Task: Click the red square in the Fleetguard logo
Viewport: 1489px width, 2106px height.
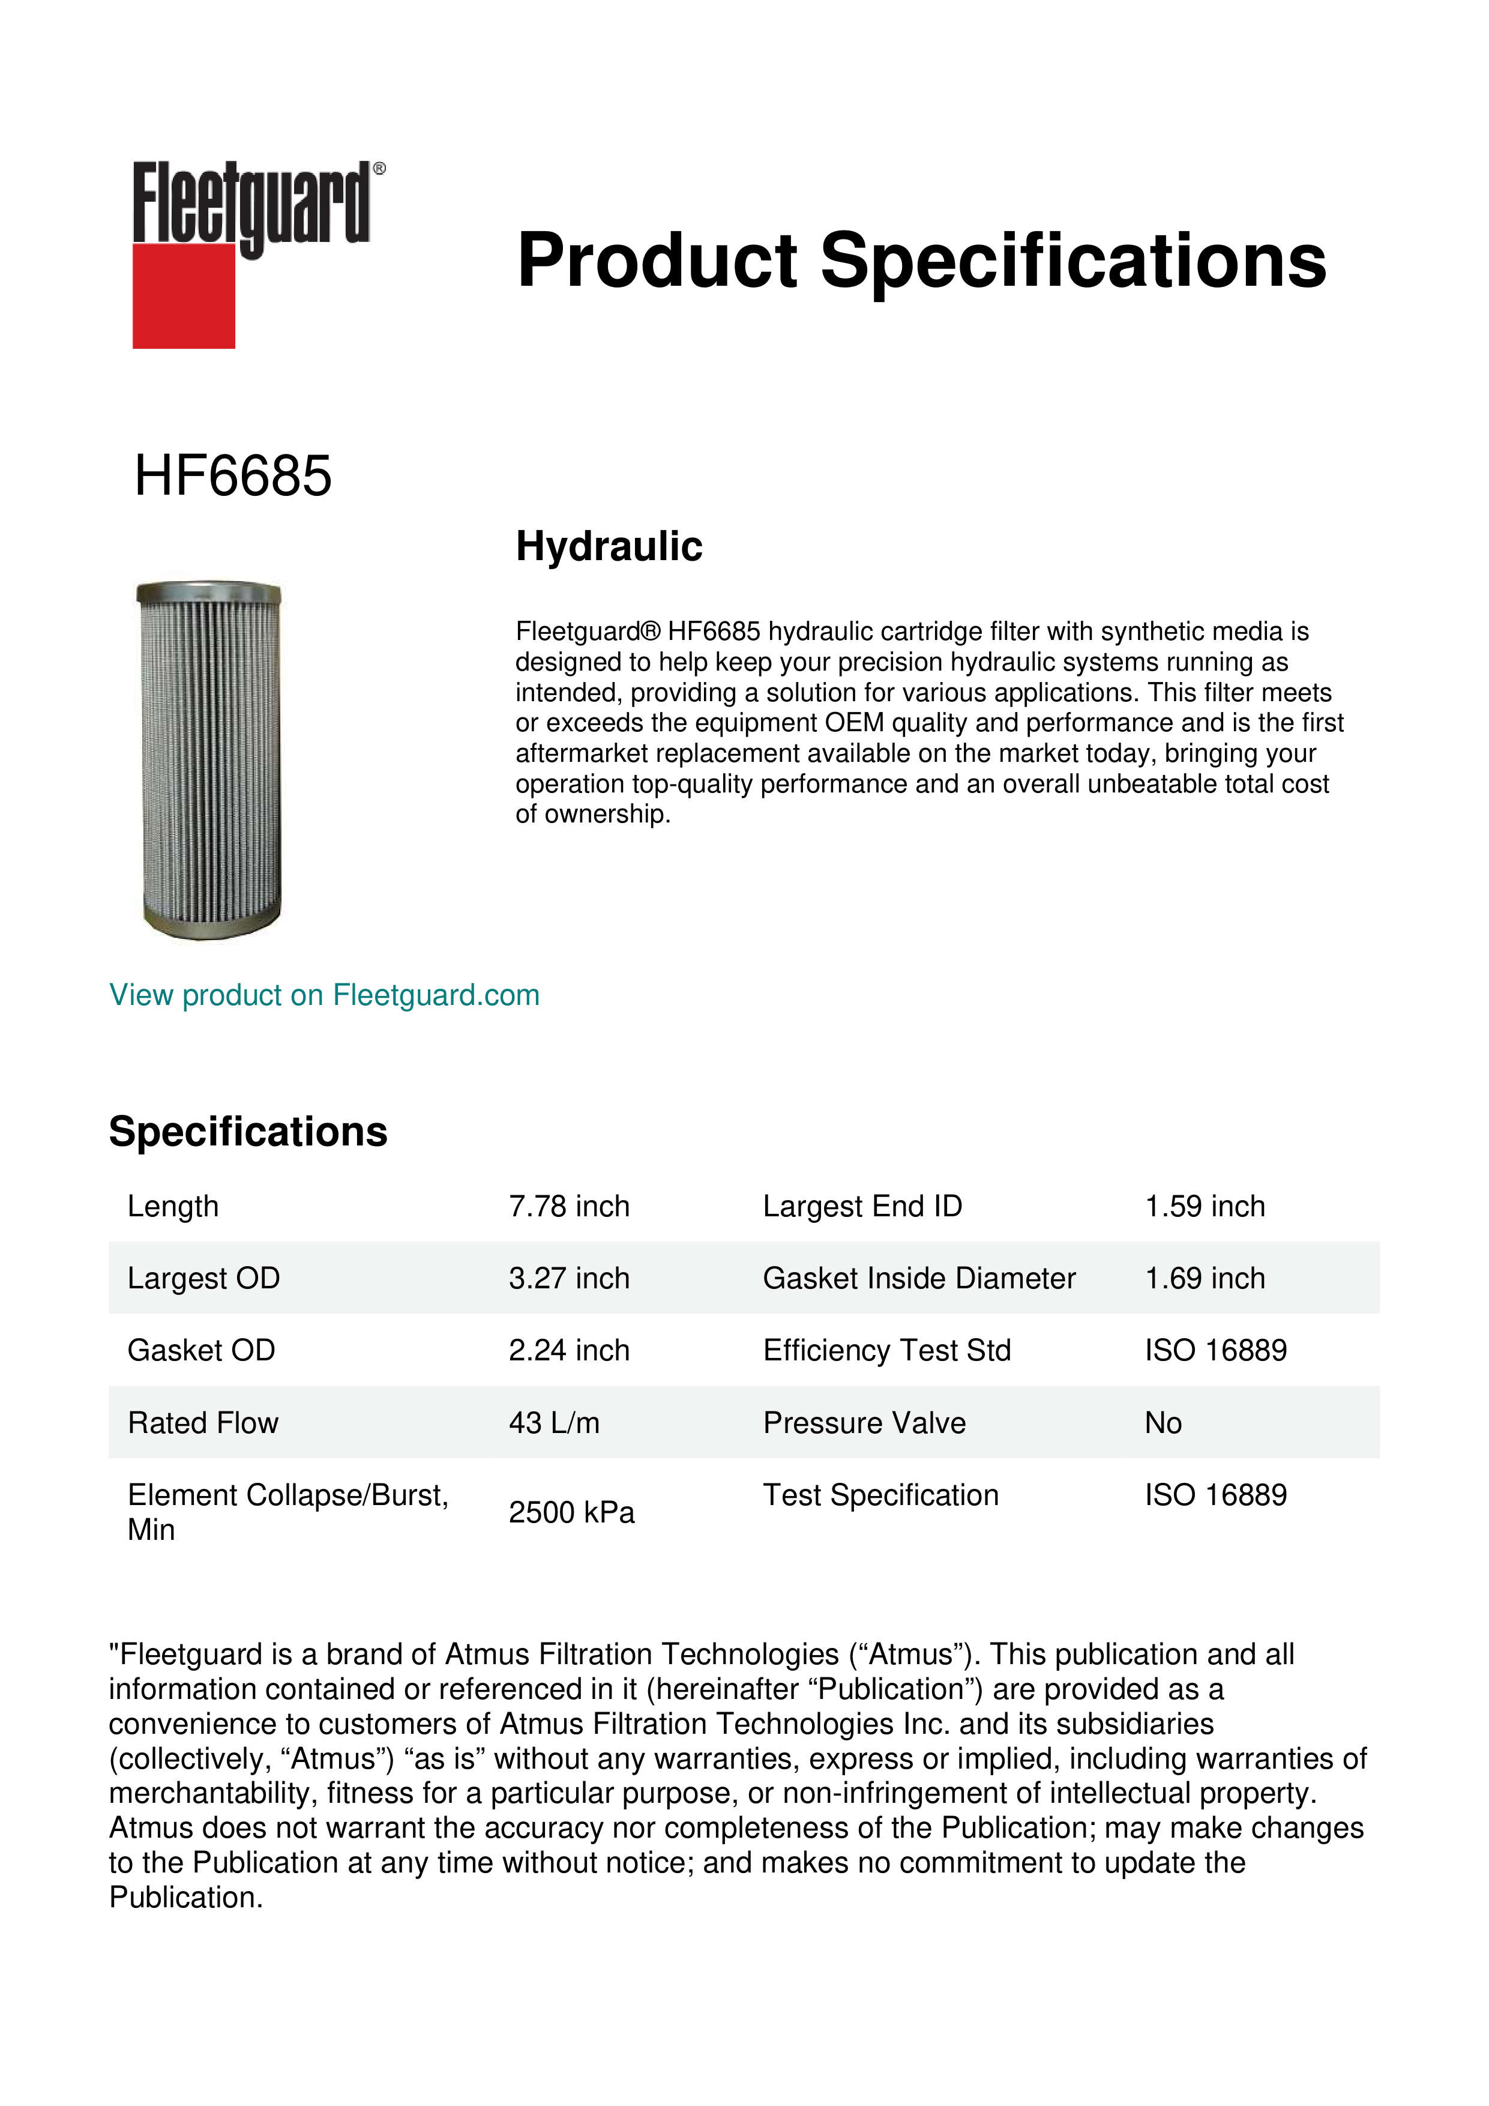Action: (x=184, y=295)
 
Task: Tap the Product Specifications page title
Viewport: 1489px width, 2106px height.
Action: (x=921, y=261)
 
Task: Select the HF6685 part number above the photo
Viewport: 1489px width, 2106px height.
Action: (x=233, y=476)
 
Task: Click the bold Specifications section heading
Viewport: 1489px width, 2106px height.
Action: (x=247, y=1132)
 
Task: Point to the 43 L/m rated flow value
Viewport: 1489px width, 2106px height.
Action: (x=554, y=1423)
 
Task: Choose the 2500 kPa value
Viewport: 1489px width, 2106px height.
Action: (x=571, y=1512)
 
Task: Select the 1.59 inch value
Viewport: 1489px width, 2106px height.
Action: (x=1204, y=1206)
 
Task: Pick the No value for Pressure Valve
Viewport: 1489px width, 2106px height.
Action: (x=1163, y=1423)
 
